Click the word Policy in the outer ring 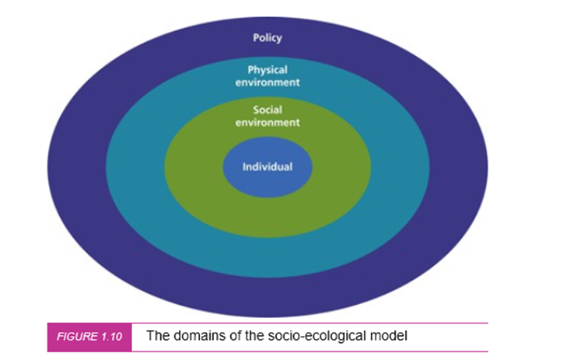click(268, 38)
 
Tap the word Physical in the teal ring click(268, 70)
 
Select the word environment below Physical click(268, 82)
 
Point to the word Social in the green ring click(268, 110)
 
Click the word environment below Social click(268, 123)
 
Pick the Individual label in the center click(268, 167)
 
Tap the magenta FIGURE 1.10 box click(89, 337)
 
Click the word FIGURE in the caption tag click(77, 337)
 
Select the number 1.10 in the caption click(111, 337)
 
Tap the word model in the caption click(389, 336)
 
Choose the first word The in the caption click(156, 336)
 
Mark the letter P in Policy click(256, 37)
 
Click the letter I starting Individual click(244, 167)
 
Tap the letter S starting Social click(256, 110)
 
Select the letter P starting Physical click(250, 70)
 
